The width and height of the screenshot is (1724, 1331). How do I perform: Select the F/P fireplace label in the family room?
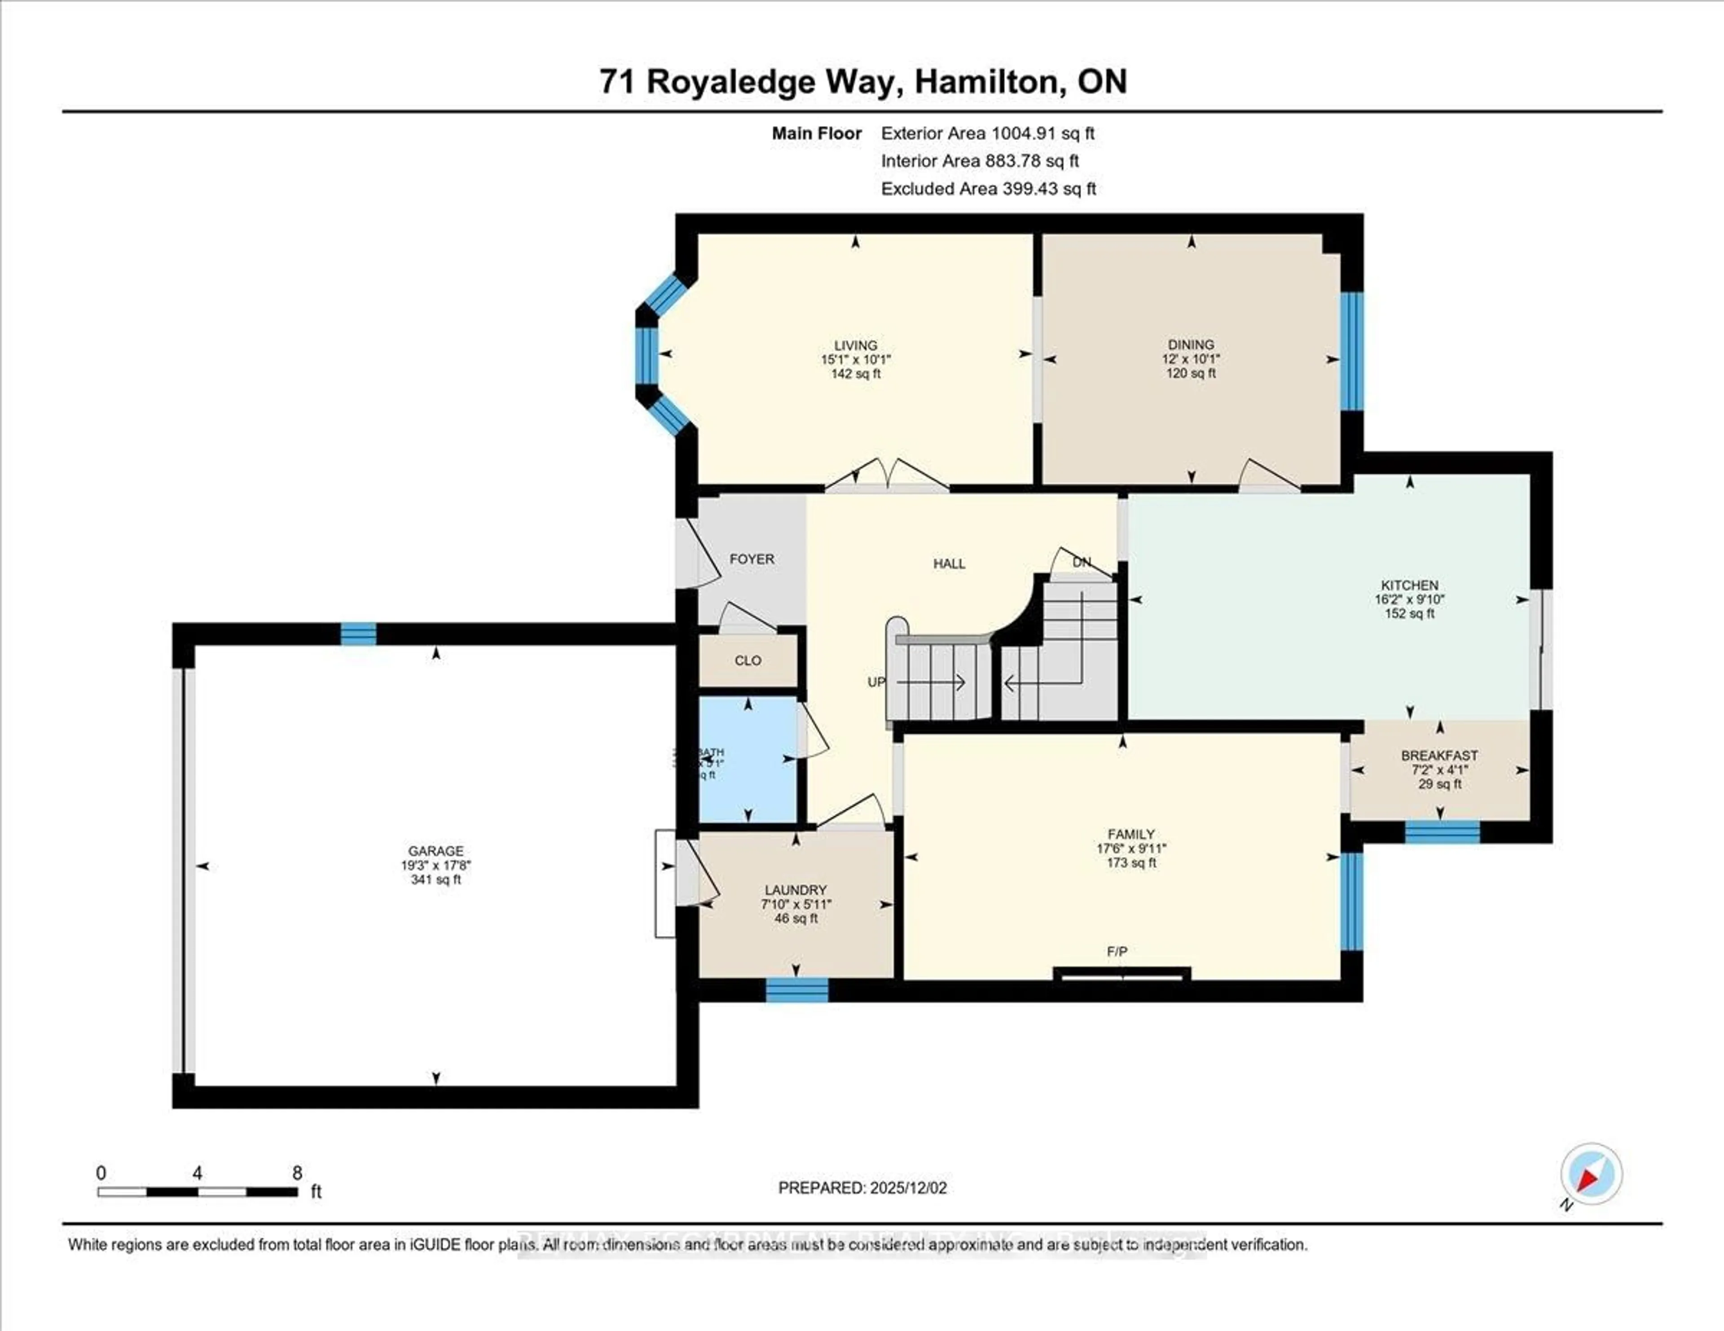[x=1116, y=951]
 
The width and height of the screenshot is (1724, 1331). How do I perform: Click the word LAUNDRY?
[x=795, y=889]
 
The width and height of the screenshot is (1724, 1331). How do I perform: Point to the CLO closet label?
[x=748, y=661]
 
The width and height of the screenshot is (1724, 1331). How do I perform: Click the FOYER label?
[x=752, y=559]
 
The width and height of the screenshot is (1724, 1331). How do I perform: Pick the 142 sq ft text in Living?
[x=856, y=373]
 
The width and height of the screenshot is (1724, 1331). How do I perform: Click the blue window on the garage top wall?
[x=358, y=634]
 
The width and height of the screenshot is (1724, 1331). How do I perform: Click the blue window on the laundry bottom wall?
[x=797, y=989]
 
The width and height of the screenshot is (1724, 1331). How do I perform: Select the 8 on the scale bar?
[x=297, y=1173]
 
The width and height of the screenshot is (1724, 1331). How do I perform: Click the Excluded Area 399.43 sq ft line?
[x=988, y=188]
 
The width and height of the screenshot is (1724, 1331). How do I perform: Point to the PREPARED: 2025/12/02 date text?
[x=862, y=1187]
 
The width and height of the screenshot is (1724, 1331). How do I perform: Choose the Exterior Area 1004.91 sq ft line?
[x=988, y=133]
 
